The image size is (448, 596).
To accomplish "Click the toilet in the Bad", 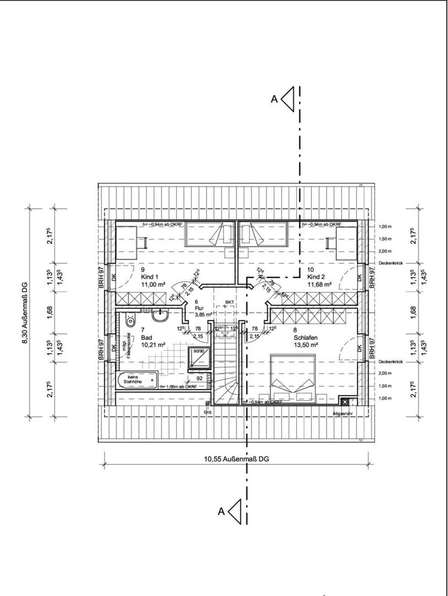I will coord(130,319).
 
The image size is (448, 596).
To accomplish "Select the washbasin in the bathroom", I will coord(161,316).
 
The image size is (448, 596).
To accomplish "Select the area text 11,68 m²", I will coord(319,284).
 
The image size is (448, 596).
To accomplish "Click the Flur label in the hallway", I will coord(200,308).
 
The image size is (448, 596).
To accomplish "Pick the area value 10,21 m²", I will coord(153,344).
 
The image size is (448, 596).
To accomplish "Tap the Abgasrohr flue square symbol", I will coord(344,402).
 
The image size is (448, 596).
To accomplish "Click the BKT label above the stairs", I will coord(229,303).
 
